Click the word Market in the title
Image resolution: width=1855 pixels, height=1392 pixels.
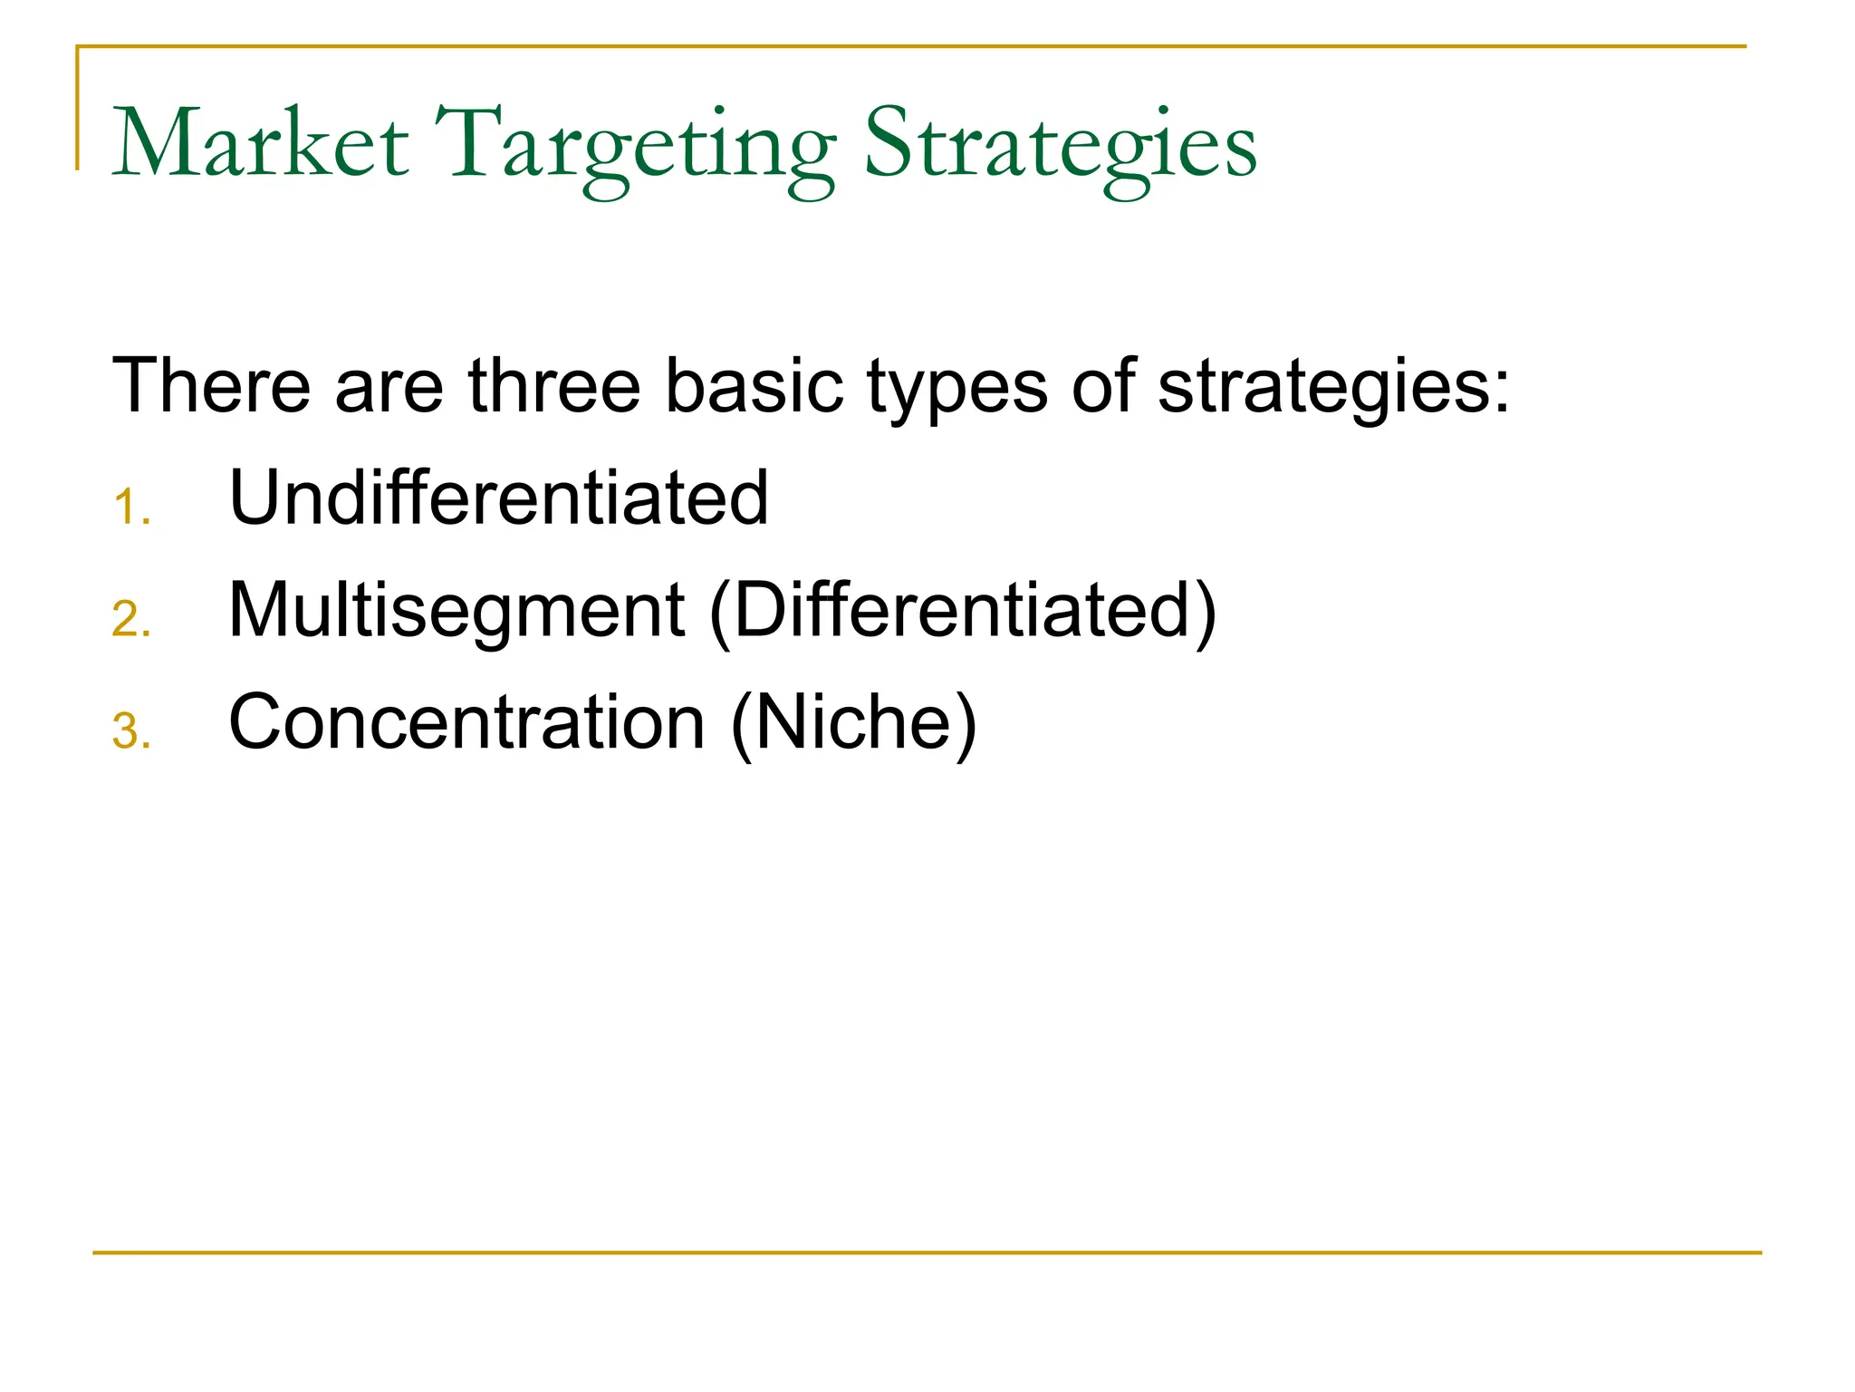coord(260,145)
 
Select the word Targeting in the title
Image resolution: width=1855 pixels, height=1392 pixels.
coord(635,150)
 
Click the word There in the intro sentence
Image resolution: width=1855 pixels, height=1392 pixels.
coord(210,386)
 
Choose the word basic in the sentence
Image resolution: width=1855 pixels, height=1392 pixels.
coord(754,386)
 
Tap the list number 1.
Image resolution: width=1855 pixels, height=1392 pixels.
coord(131,507)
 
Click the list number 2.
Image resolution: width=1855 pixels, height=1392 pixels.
coord(131,620)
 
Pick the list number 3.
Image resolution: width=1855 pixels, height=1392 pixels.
coord(131,732)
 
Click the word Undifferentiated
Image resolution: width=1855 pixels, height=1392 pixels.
coord(498,498)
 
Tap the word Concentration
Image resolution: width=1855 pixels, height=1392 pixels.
coord(466,722)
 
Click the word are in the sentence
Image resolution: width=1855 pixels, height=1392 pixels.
coord(389,390)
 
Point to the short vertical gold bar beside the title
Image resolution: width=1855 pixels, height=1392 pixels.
coord(77,109)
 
